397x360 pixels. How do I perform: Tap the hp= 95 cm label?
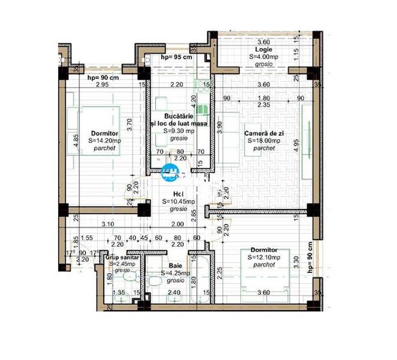pyautogui.click(x=176, y=58)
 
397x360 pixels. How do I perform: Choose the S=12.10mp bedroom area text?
pyautogui.click(x=264, y=256)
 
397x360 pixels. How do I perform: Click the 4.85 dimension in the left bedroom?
pyautogui.click(x=75, y=141)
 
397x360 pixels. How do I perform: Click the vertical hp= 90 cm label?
pyautogui.click(x=310, y=256)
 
